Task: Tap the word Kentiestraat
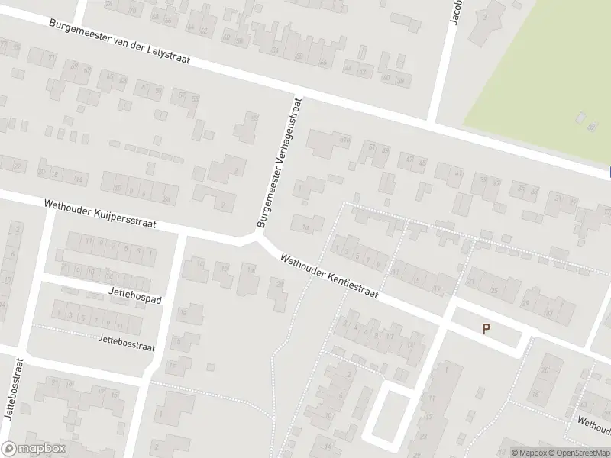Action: pos(350,283)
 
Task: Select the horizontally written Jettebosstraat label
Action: pos(126,342)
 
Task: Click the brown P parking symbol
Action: pos(485,329)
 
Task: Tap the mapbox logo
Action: pos(33,448)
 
